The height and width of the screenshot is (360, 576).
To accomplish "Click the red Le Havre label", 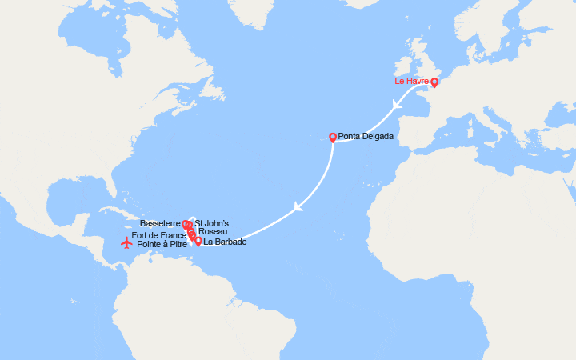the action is (411, 82).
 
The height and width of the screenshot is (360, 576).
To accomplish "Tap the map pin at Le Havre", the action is (434, 82).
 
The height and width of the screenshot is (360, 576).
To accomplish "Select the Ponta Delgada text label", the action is (366, 137).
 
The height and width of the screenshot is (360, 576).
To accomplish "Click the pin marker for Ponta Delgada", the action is (333, 137).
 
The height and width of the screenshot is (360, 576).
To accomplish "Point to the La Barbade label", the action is (225, 242).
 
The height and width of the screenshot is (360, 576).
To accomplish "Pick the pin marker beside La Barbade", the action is (198, 240).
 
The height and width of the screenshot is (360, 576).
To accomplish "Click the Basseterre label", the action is (159, 223).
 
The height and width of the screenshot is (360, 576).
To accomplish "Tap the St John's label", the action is (211, 223).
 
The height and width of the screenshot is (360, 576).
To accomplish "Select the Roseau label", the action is (212, 231).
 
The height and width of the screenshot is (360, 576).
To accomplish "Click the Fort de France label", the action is (158, 234).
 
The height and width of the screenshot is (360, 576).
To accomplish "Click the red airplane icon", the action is (126, 242).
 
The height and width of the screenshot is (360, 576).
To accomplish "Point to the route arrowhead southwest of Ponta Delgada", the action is (298, 206).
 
